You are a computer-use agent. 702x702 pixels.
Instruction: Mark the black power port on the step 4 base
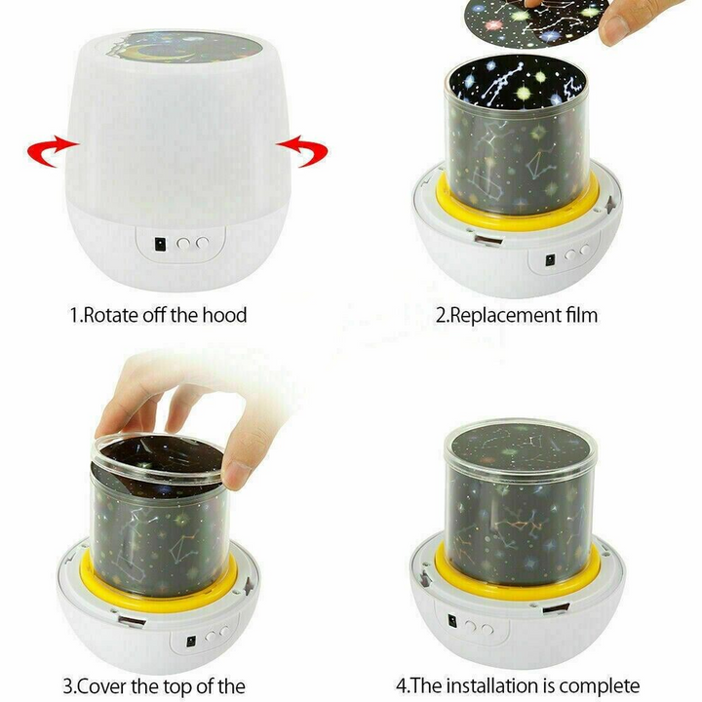(x=452, y=621)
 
